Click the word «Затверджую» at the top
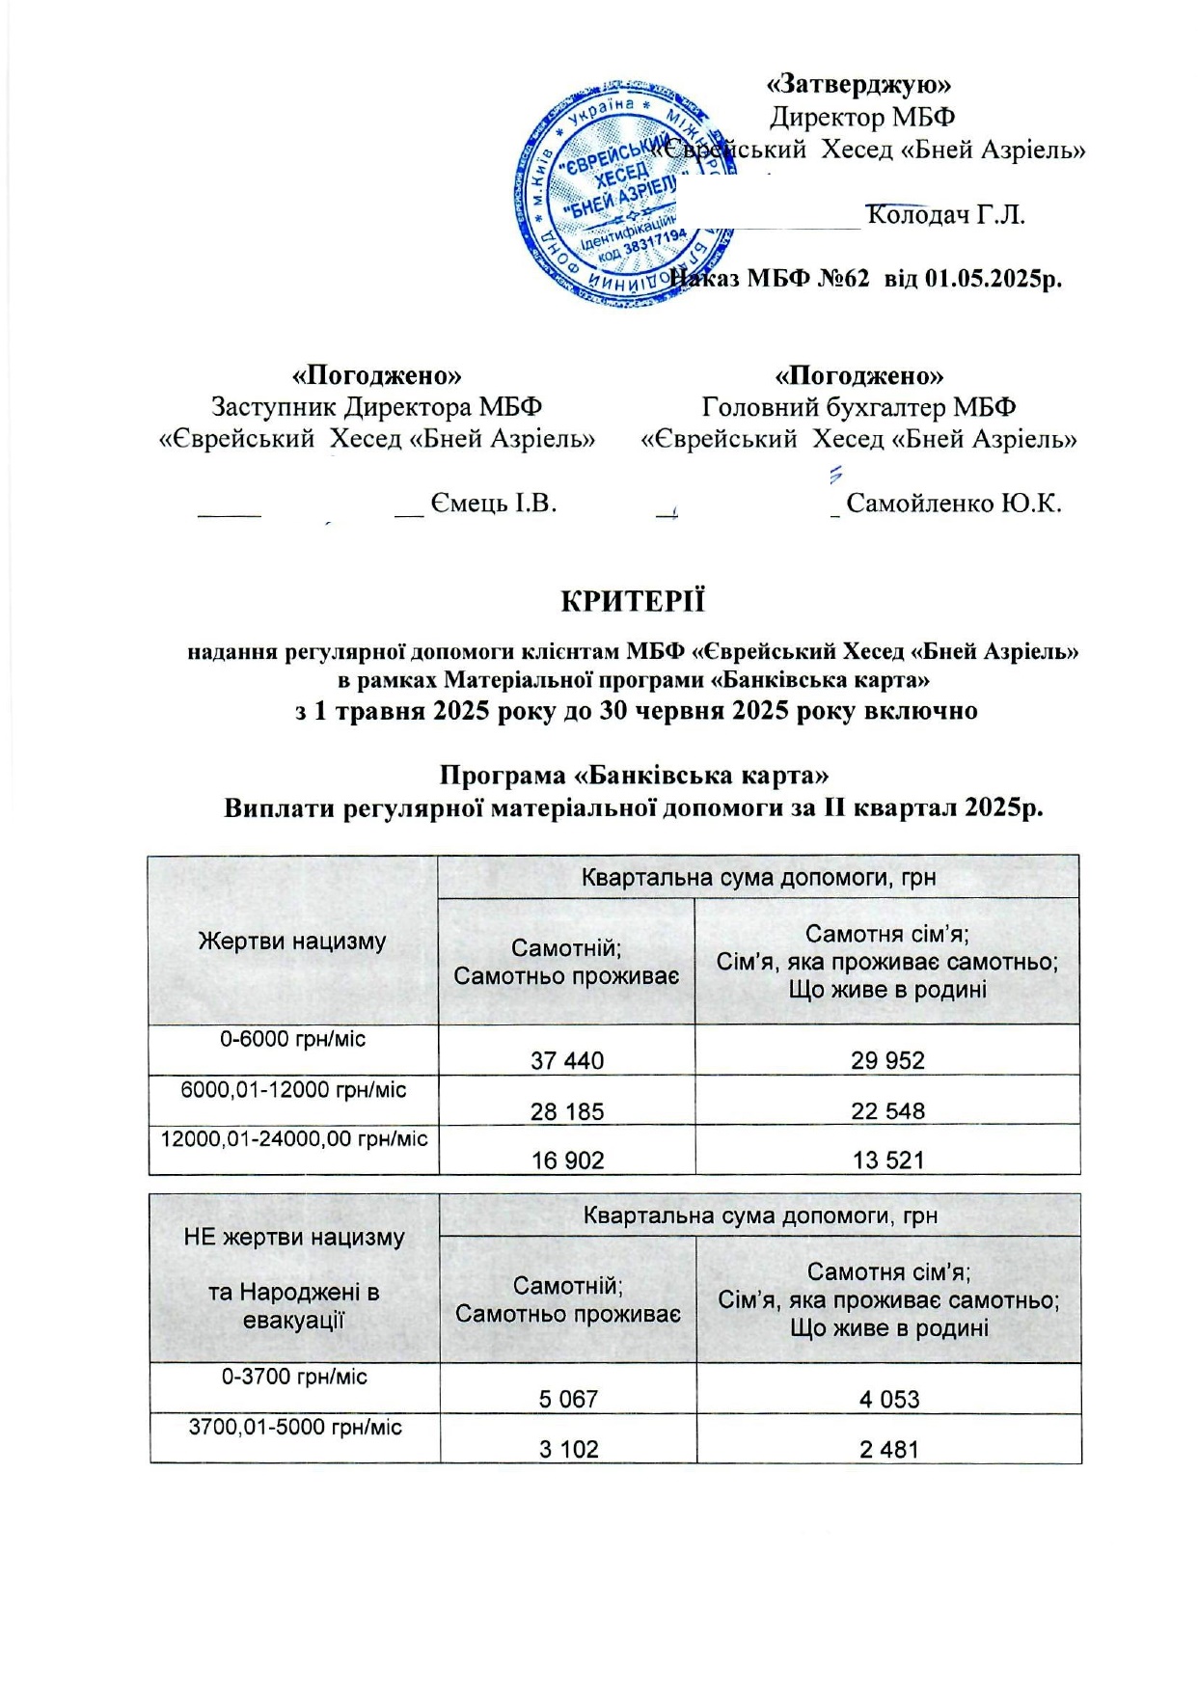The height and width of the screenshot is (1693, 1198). tap(858, 83)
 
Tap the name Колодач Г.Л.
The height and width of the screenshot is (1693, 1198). tap(945, 213)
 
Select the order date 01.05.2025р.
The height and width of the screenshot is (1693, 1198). tap(994, 279)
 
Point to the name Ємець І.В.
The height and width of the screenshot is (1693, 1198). tap(494, 503)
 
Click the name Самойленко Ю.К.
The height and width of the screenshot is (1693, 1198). tap(953, 503)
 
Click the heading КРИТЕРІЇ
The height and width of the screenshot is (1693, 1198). tap(633, 600)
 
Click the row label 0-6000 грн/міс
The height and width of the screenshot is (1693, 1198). tap(293, 1039)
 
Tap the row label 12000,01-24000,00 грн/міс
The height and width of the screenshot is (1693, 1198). tap(293, 1138)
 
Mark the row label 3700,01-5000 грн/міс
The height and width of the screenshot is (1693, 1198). tap(295, 1427)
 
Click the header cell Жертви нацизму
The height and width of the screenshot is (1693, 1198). tap(292, 941)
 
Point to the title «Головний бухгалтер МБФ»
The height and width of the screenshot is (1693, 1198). tap(858, 407)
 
